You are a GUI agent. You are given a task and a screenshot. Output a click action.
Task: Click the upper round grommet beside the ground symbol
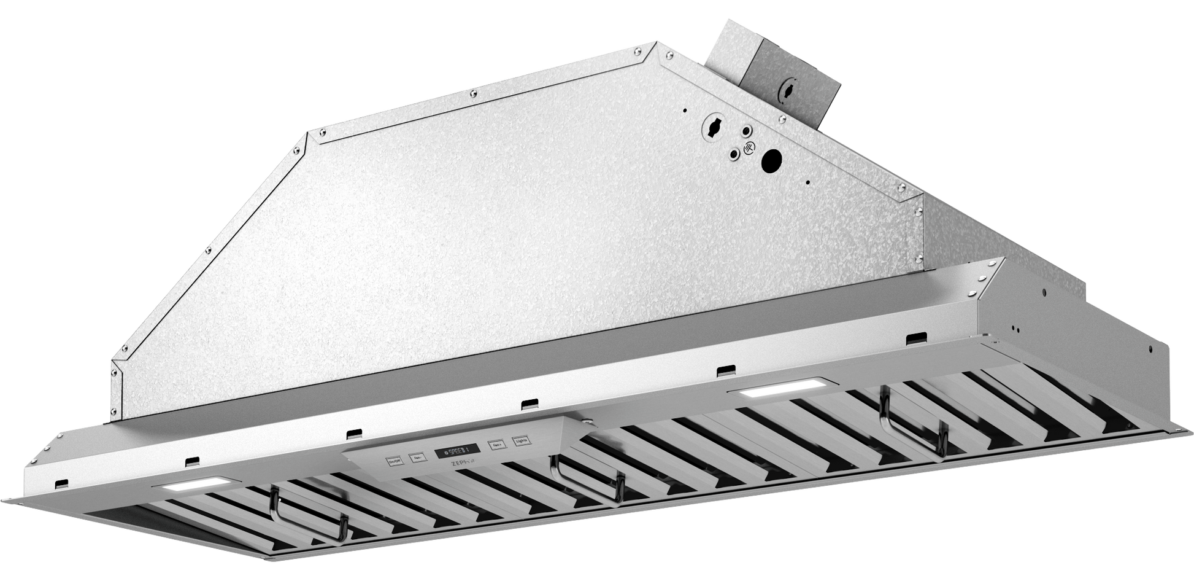[746, 131]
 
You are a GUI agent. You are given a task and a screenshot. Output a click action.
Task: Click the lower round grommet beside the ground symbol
[734, 154]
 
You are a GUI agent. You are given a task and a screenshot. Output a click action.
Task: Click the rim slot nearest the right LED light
[725, 370]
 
